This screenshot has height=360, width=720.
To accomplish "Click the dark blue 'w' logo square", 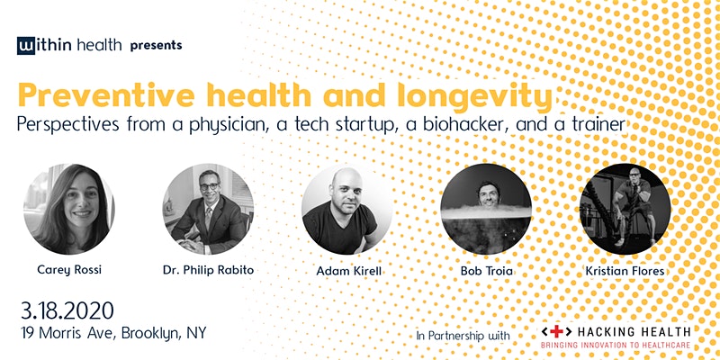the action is (26, 46).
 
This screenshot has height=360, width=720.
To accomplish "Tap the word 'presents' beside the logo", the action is (156, 46).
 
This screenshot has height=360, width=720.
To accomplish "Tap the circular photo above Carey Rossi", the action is (69, 209).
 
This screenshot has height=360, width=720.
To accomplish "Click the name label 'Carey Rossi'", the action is (69, 270).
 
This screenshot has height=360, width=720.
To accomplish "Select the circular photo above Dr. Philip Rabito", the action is (208, 209).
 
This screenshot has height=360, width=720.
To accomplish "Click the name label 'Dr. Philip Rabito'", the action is (208, 270).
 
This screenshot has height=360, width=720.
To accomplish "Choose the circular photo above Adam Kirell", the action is (346, 209).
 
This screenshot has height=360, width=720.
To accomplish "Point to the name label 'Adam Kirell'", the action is (348, 271).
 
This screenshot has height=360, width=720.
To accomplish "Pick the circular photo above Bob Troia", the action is (486, 209).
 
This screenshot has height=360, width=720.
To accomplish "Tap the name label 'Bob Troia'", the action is (487, 271).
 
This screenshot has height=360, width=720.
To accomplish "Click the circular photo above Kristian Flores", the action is (625, 209).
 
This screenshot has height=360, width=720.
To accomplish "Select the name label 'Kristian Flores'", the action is (625, 271).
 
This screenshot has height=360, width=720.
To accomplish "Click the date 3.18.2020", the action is (67, 311).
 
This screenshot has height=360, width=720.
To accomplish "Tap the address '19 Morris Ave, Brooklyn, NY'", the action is (113, 333).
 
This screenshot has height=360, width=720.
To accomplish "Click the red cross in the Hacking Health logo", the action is (556, 331).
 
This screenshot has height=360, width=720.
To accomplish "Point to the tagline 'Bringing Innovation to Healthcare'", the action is (616, 345).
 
